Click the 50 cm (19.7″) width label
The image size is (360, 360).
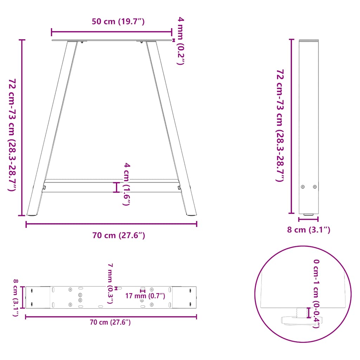coord(118,22)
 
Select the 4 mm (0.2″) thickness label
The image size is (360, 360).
coord(180,41)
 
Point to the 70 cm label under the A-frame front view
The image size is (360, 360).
coord(118,236)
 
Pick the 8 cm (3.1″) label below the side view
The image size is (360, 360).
coord(308,230)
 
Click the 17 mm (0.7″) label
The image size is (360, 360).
coord(145,296)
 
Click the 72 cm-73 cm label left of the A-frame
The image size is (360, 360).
coord(12,135)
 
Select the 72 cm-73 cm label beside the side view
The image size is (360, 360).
coord(280,126)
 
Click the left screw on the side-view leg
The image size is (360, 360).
coord(303,187)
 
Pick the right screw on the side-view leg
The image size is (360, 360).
coord(315,187)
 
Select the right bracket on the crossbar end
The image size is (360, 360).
coord(180,188)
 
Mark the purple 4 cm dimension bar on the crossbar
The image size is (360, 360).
coord(117,187)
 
